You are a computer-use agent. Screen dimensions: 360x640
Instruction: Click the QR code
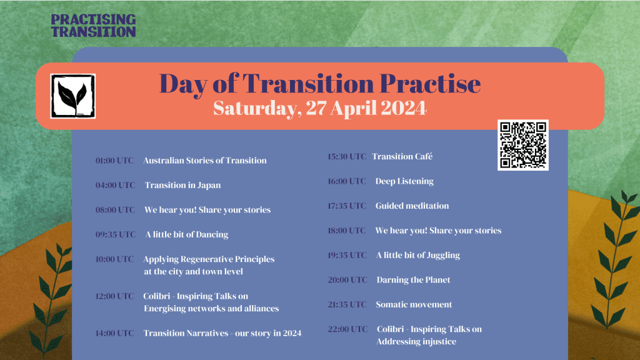pos(523,145)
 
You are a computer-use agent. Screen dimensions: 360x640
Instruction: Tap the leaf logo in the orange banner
pos(72,96)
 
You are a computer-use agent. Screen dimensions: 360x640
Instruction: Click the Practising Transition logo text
pos(93,25)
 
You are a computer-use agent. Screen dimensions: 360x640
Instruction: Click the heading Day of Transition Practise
pos(319,84)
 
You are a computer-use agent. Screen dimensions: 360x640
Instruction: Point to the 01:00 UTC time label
pos(114,161)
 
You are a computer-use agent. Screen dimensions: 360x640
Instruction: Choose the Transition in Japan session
pos(182,185)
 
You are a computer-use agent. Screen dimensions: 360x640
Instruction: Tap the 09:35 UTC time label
pos(115,234)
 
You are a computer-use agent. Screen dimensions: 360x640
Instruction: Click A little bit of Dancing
pos(187,234)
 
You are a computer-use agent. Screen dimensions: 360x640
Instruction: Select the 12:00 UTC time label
pos(114,296)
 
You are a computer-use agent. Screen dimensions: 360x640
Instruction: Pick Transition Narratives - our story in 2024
pos(222,333)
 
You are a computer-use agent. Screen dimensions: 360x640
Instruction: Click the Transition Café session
pos(402,156)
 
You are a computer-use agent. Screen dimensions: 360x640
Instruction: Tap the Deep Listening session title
pos(404,181)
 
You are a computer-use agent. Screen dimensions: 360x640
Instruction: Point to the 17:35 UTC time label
pos(347,206)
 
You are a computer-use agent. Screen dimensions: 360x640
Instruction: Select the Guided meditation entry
pos(412,206)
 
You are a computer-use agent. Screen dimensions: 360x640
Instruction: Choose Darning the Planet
pos(413,280)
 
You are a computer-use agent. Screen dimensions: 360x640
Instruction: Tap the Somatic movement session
pos(414,304)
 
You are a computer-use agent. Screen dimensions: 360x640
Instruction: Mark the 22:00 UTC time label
pos(347,329)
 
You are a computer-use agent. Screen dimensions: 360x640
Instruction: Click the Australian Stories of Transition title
pos(205,161)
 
